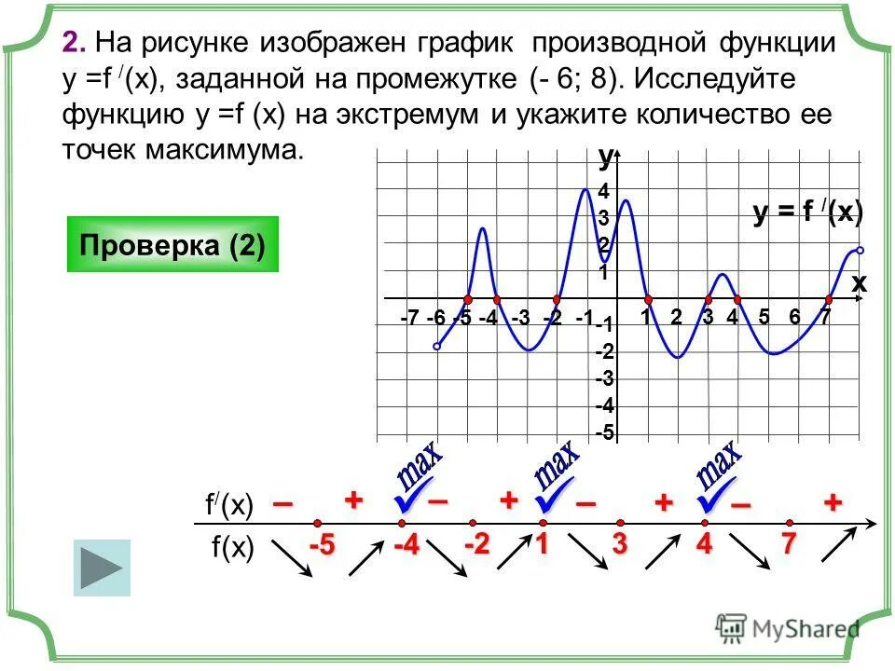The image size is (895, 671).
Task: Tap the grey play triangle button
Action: (102, 568)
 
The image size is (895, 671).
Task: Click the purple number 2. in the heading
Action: (75, 43)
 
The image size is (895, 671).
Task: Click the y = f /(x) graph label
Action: (807, 213)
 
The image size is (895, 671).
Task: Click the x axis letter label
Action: (858, 283)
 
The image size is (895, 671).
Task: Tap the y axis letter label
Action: (605, 158)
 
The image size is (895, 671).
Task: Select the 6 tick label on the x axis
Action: (794, 317)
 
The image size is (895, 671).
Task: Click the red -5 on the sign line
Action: (323, 546)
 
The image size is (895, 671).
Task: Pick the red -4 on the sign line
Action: (406, 546)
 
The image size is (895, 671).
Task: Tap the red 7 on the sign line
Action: (789, 546)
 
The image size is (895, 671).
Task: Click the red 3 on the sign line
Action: (619, 546)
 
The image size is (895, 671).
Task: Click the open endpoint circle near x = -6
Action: (437, 346)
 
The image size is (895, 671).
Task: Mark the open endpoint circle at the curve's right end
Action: (860, 250)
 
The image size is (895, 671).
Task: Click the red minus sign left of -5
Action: (282, 504)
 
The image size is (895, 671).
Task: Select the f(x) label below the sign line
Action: (232, 548)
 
